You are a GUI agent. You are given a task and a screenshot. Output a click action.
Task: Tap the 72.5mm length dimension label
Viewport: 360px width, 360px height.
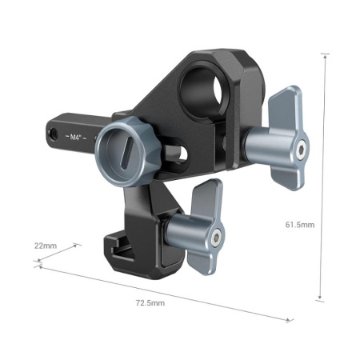pos(150,303)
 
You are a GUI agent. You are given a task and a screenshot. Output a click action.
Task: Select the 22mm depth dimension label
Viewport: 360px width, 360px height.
pos(46,245)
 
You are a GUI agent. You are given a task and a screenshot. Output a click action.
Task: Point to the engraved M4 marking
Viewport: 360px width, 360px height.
pos(77,137)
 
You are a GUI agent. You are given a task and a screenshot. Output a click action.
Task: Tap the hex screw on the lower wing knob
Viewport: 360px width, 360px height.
pos(218,234)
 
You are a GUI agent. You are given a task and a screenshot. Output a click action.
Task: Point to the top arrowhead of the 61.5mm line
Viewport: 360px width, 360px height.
pos(325,57)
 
